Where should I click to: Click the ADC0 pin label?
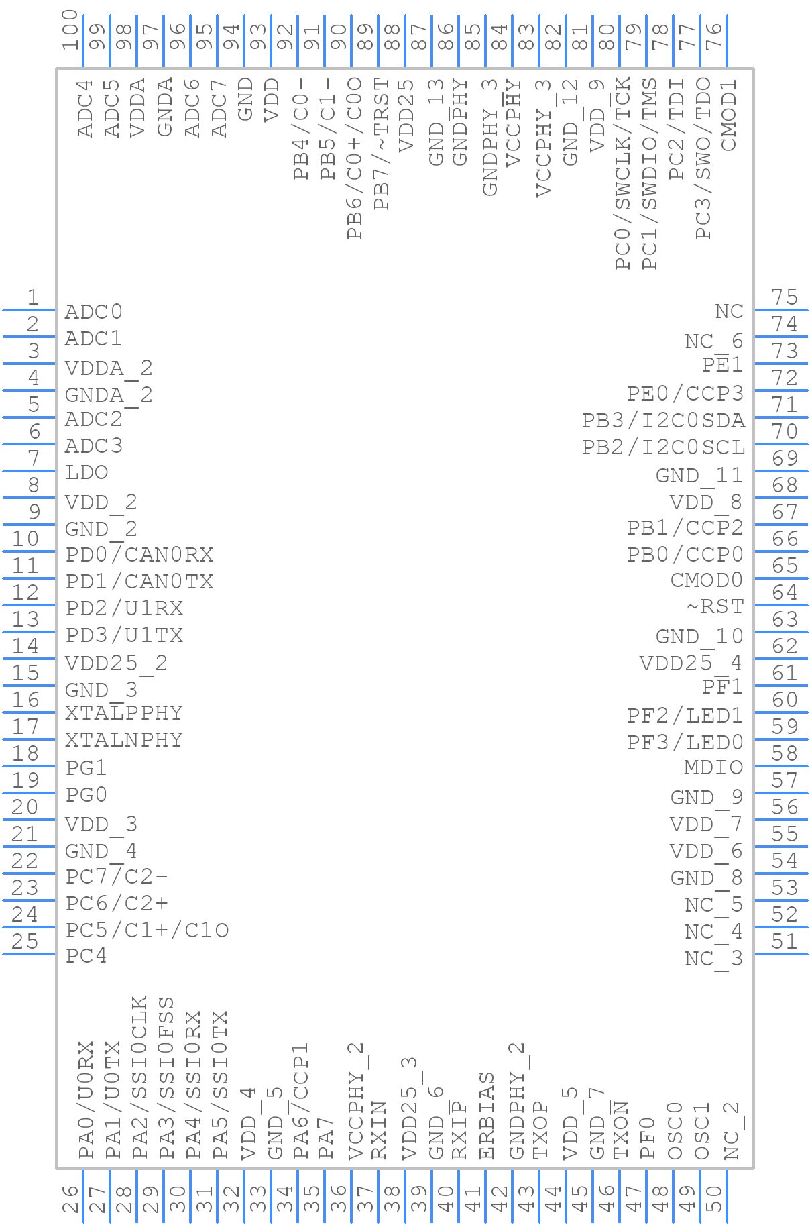click(93, 312)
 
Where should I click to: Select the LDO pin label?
click(86, 472)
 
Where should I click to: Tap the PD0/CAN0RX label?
click(139, 555)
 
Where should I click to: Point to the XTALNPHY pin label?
click(124, 740)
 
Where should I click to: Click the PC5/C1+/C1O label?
click(148, 930)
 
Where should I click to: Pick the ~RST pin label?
click(715, 606)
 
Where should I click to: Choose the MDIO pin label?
click(713, 767)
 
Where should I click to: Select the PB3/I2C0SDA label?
click(663, 421)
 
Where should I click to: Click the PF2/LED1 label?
click(685, 716)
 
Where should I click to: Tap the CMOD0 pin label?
click(707, 580)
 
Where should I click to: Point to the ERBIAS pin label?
click(487, 1116)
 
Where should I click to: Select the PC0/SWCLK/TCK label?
click(623, 173)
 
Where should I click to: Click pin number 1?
click(32, 297)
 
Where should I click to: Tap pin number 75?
click(784, 297)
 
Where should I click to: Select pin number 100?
click(70, 31)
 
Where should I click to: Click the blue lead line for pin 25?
click(29, 953)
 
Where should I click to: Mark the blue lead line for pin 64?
click(780, 604)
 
